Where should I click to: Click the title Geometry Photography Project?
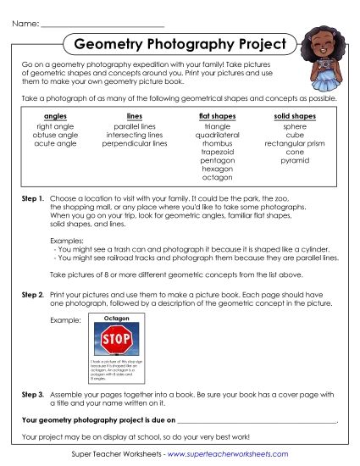tap(180, 43)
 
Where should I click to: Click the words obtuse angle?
tap(55, 134)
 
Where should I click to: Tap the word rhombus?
tap(217, 143)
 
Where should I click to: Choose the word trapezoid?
tap(217, 152)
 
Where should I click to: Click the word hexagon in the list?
tap(217, 169)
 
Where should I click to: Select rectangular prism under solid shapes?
tap(295, 143)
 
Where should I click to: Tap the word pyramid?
tap(295, 161)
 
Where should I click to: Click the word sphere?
tap(295, 125)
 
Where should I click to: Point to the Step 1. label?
tap(31, 197)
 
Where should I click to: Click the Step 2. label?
tap(31, 293)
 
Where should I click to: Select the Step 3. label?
tap(31, 394)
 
